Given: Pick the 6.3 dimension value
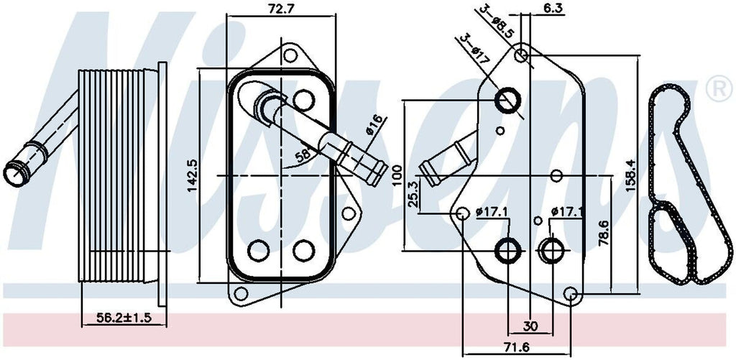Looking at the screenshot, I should [553, 9].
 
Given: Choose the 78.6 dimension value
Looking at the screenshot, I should [605, 233].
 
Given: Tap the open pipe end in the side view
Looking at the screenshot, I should [14, 172].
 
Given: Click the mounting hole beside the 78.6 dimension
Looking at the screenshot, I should [571, 293].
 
